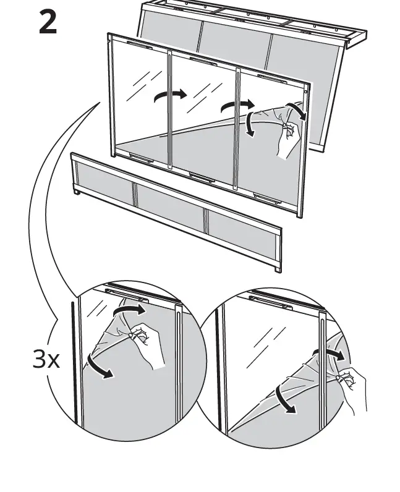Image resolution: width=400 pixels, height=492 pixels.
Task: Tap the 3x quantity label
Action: tap(46, 360)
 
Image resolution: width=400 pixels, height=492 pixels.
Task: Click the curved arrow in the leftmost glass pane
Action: tap(169, 95)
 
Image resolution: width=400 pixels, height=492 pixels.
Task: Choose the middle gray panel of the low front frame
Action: tap(169, 208)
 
